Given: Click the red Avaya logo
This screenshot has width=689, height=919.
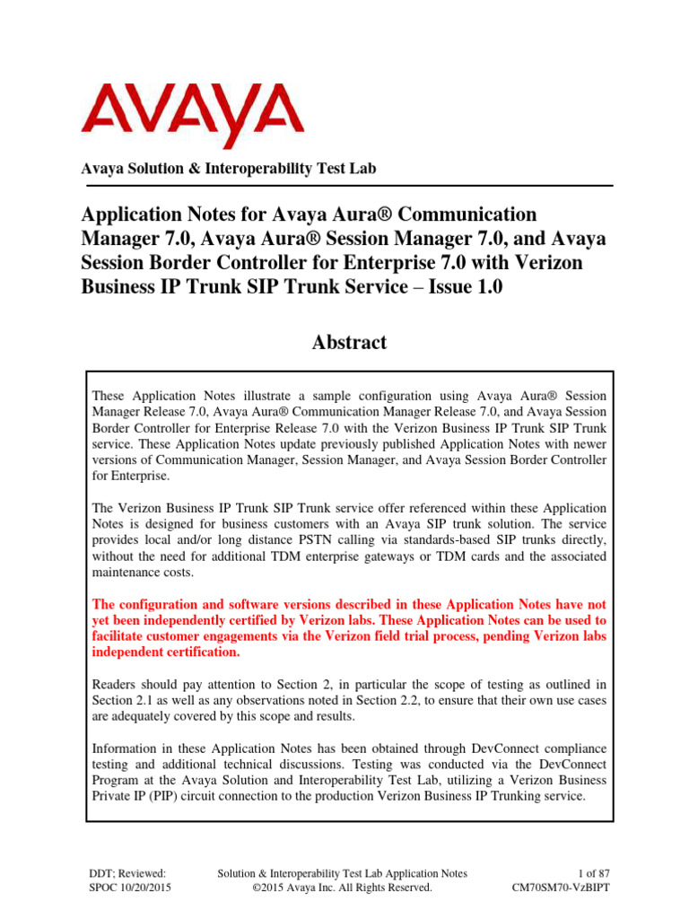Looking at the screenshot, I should [x=192, y=114].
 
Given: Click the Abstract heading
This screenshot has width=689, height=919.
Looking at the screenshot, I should [x=344, y=342].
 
